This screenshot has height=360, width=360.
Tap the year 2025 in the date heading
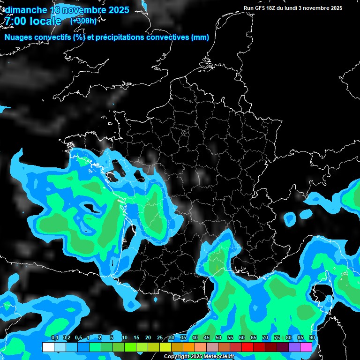click(x=116, y=10)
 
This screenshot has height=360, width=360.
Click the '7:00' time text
click(x=15, y=21)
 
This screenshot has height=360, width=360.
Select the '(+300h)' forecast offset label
click(x=83, y=21)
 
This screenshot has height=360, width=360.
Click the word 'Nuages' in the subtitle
click(x=19, y=37)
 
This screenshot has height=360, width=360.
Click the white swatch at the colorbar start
click(x=48, y=347)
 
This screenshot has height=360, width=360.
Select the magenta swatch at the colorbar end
click(x=306, y=347)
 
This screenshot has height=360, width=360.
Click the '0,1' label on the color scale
click(x=55, y=338)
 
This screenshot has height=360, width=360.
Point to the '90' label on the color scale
click(x=312, y=338)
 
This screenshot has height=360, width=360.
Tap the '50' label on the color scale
click(x=218, y=338)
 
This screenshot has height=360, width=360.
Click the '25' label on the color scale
click(x=160, y=338)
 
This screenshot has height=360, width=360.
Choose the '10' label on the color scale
click(x=125, y=338)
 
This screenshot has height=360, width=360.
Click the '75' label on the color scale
click(x=277, y=338)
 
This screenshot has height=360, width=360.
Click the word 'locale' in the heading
click(x=45, y=21)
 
